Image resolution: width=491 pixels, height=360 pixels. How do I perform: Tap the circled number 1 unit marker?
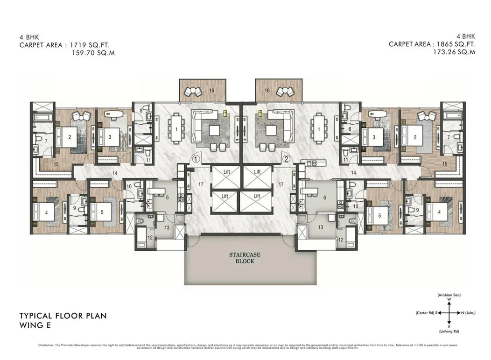pyautogui.click(x=196, y=159)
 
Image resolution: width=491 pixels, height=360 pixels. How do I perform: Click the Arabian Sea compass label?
pyautogui.click(x=449, y=296)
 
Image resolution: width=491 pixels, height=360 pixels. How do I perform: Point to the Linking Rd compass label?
pyautogui.click(x=449, y=331)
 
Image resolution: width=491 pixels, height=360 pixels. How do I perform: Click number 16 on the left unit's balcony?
pyautogui.click(x=211, y=90)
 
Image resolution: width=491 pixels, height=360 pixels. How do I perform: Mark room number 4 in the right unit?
pyautogui.click(x=438, y=212)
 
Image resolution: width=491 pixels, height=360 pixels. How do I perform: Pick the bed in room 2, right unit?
pyautogui.click(x=415, y=136)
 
